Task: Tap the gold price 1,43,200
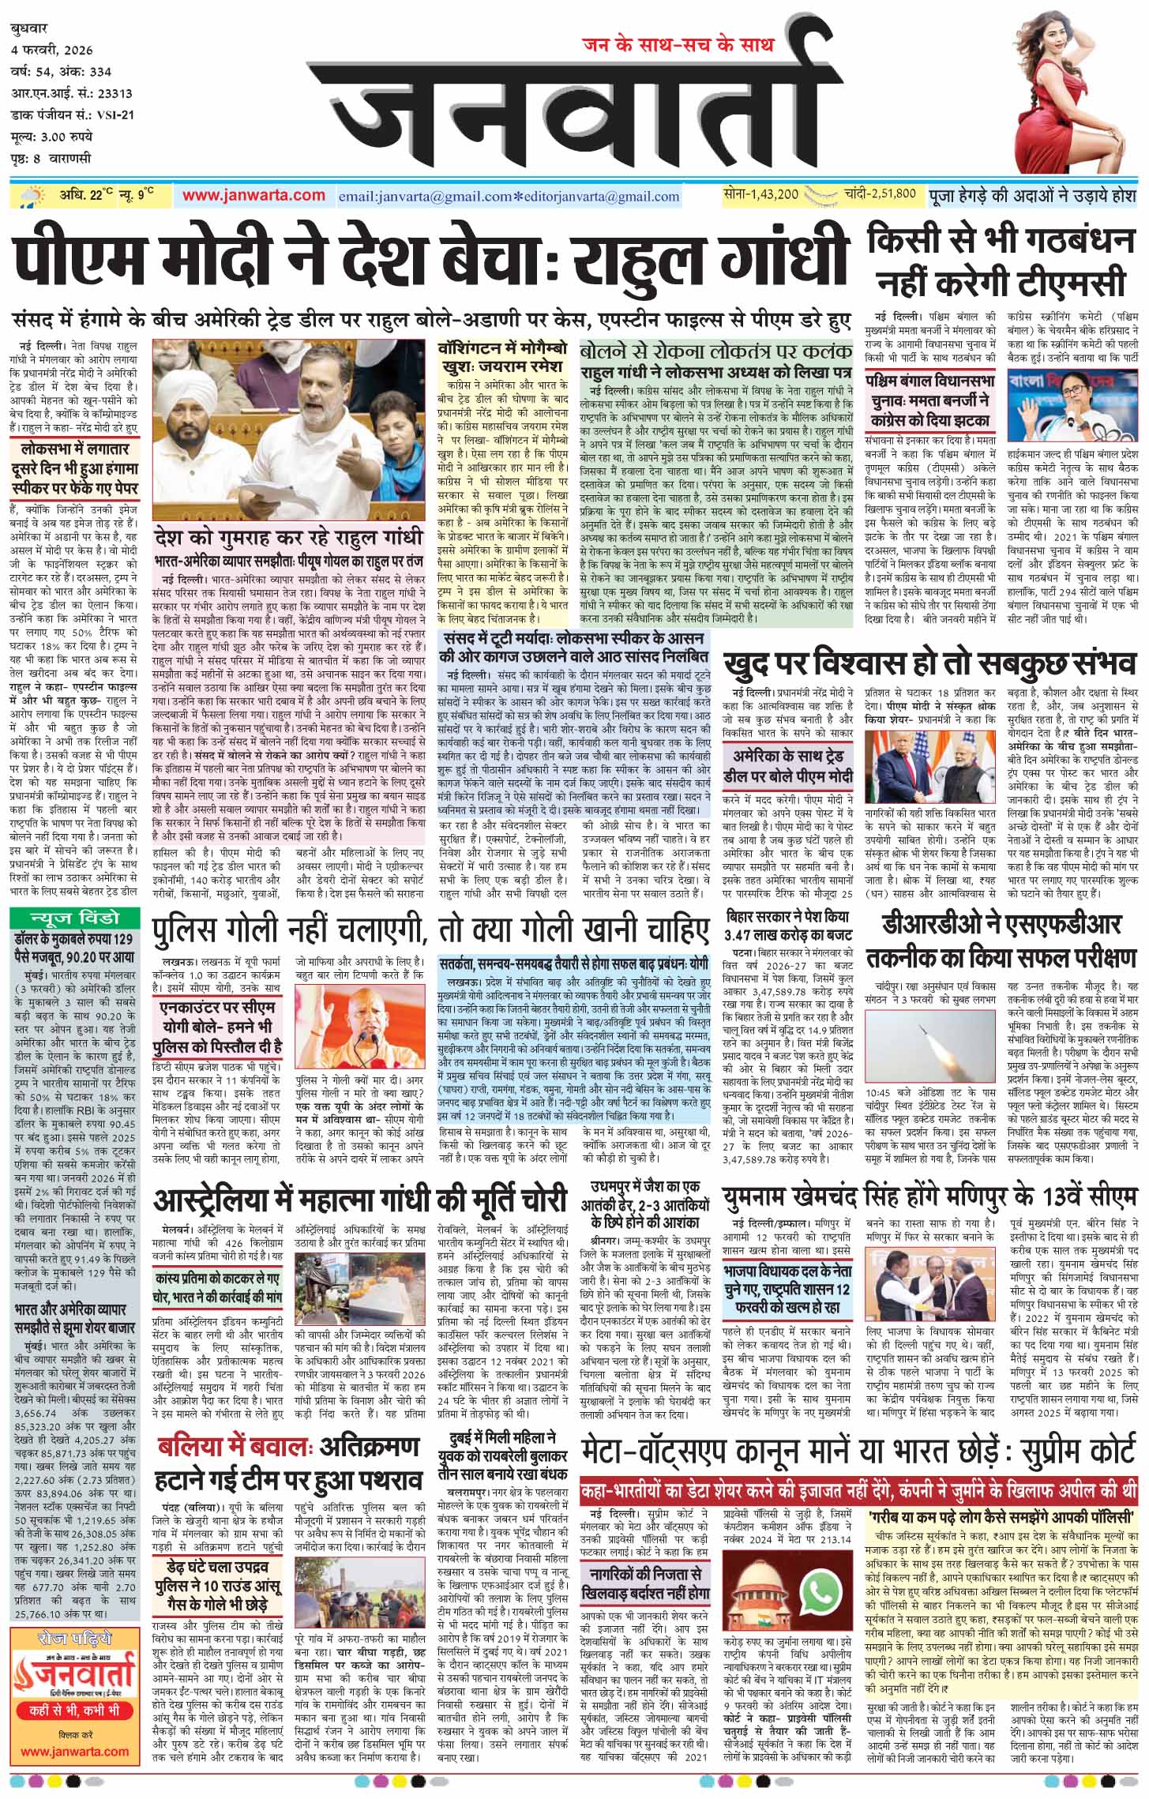[x=761, y=194]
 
